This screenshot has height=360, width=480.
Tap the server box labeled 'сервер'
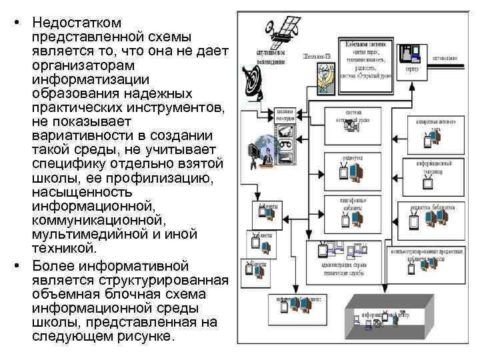click(x=411, y=56)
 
